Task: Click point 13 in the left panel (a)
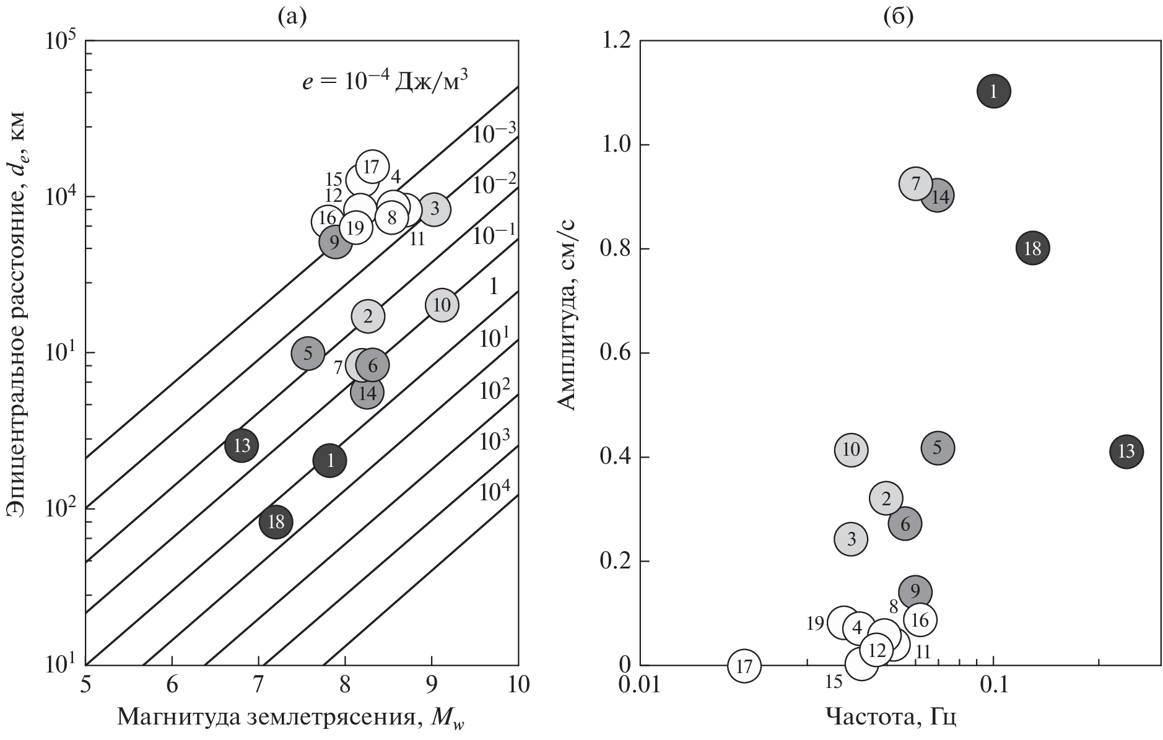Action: coord(242,445)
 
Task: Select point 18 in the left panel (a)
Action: coord(276,521)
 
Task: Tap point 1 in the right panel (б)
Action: coord(994,92)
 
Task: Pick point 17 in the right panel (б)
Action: coord(744,666)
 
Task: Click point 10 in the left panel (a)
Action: coord(442,305)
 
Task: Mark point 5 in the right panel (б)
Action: coord(938,448)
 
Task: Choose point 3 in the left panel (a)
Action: coord(434,209)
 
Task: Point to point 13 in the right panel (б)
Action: coord(1126,451)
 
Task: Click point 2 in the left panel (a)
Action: coord(368,316)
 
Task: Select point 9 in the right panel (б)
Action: coord(916,591)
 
